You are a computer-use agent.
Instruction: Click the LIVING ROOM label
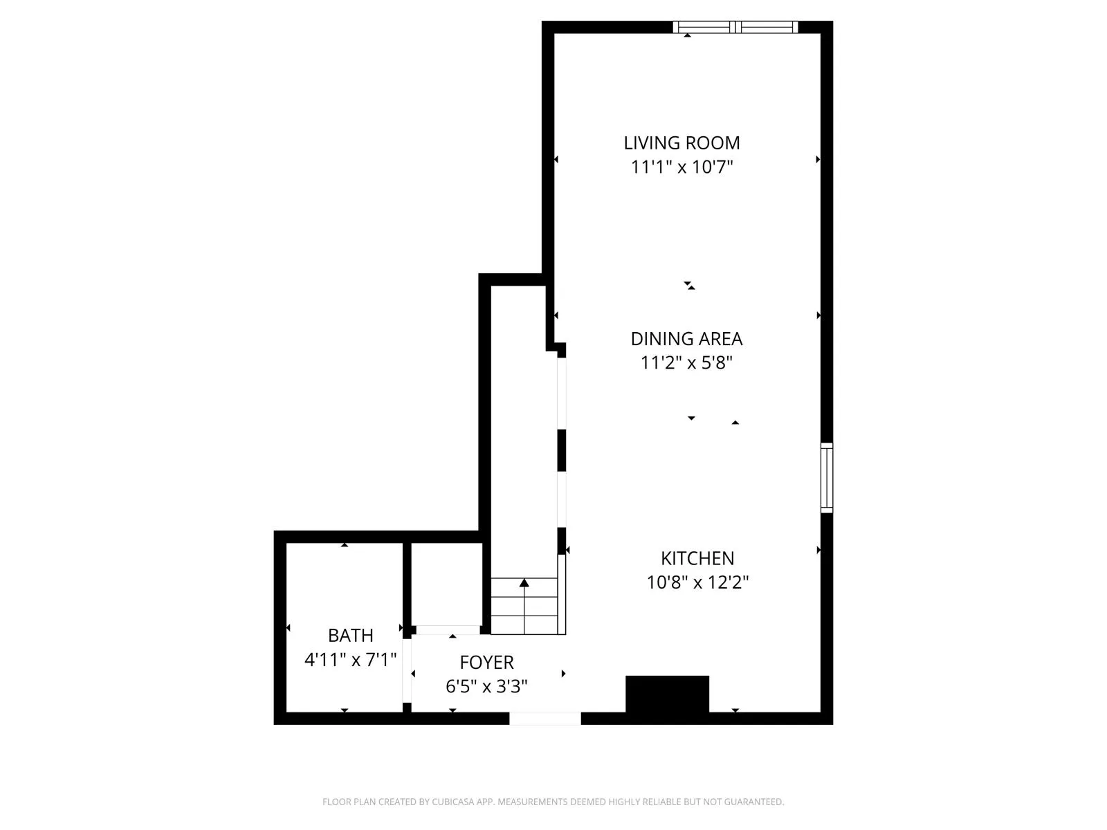681,143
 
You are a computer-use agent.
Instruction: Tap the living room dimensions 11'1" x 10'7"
681,167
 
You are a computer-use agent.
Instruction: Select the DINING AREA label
686,339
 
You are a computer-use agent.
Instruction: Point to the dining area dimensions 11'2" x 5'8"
686,363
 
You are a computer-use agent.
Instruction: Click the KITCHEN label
697,558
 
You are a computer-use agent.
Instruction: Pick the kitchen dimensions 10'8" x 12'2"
697,582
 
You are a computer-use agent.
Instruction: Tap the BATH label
350,635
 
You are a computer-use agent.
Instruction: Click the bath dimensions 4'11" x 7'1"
350,659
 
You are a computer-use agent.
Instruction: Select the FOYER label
486,663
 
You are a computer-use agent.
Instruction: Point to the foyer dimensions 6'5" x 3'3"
486,687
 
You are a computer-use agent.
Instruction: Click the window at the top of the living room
735,27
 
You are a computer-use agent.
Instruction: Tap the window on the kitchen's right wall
827,477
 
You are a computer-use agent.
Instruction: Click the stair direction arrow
524,584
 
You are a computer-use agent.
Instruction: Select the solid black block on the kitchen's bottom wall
667,694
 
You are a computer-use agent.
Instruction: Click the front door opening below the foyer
545,719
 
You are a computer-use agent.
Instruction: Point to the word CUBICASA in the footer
454,802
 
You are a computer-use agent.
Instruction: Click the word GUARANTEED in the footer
753,802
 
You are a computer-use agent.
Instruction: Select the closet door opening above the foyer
447,629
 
